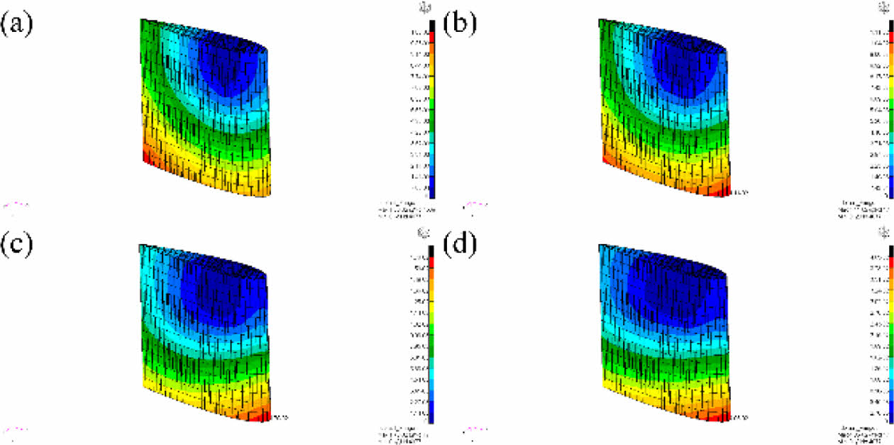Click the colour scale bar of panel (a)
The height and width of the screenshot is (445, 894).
pos(431,114)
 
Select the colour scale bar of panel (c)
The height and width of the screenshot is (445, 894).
pos(431,334)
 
